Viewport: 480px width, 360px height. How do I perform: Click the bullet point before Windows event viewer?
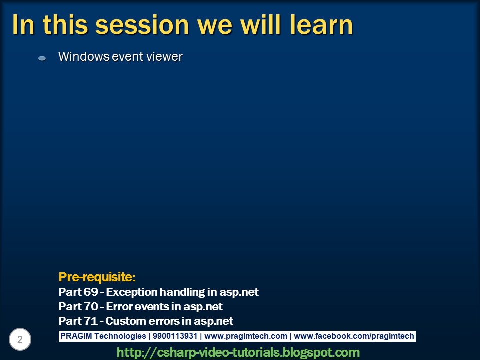42,58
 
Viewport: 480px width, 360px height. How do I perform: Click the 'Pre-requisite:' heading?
97,277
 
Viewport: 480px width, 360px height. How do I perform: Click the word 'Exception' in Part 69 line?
131,292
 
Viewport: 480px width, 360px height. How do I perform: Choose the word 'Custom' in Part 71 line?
123,321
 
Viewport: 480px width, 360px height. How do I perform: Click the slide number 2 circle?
20,340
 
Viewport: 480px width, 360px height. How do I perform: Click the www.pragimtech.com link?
246,336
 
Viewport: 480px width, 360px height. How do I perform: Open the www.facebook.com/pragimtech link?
354,336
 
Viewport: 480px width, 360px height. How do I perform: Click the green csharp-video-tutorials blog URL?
238,352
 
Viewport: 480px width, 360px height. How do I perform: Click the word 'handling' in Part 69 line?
185,292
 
